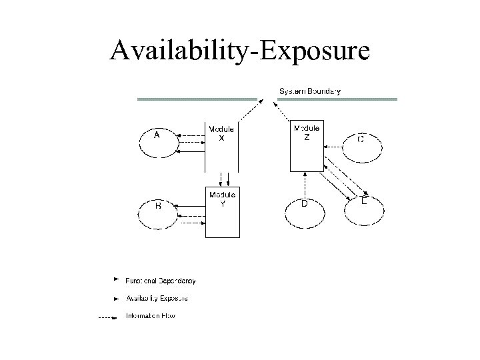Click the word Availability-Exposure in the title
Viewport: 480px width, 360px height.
(x=239, y=51)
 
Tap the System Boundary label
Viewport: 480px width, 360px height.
(x=309, y=91)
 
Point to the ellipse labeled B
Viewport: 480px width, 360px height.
(x=159, y=211)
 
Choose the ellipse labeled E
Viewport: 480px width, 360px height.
(x=365, y=209)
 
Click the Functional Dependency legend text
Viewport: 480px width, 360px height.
(x=161, y=281)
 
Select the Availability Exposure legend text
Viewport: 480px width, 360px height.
(x=157, y=298)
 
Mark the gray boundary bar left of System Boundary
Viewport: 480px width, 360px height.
(x=197, y=99)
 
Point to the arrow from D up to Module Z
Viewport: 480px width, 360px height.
(x=305, y=183)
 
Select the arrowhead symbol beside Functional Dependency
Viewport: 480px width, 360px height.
(x=116, y=279)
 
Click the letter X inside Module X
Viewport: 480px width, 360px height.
(x=222, y=137)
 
